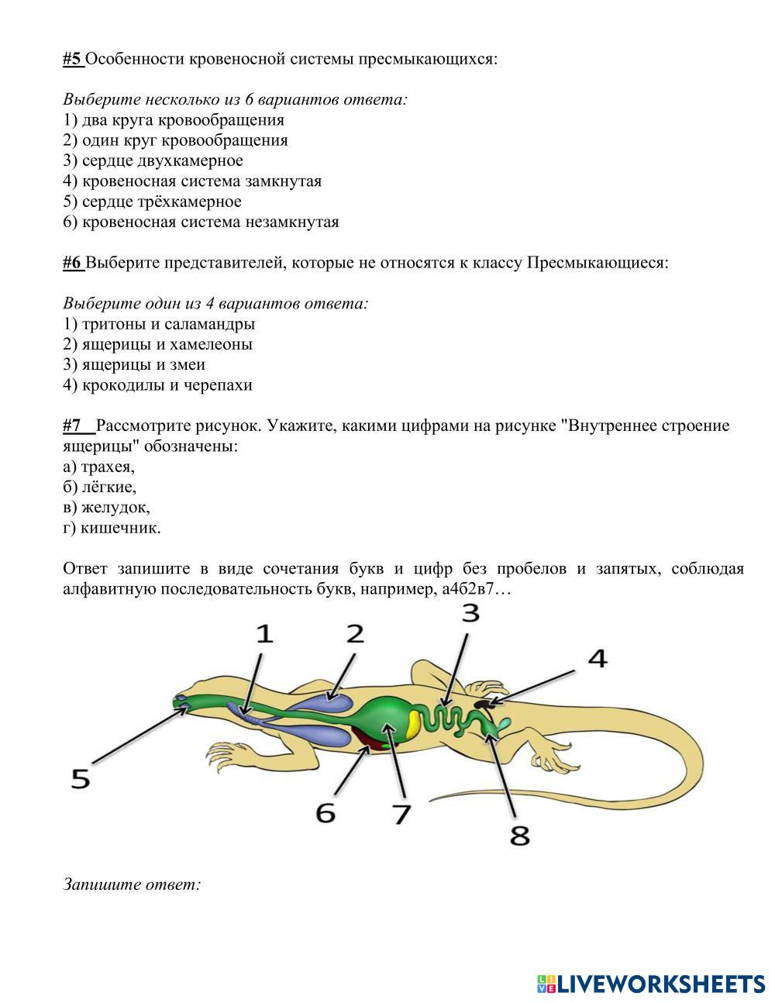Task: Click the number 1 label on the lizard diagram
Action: tap(265, 634)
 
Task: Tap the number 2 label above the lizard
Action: tap(355, 633)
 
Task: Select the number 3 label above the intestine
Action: tap(470, 613)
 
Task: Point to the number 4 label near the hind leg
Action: tap(597, 659)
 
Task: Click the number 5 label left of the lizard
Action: tap(81, 777)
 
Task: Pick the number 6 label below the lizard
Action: tap(326, 812)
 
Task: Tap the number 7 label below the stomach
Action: tap(401, 814)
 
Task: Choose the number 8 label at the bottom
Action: tap(519, 836)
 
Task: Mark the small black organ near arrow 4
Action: tap(484, 704)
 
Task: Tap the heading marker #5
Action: tap(73, 59)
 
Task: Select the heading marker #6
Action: tap(73, 263)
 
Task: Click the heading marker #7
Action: tap(74, 426)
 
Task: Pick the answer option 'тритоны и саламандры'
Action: tap(168, 324)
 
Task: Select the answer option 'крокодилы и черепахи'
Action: tap(167, 385)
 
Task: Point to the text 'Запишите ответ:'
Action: tap(132, 884)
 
